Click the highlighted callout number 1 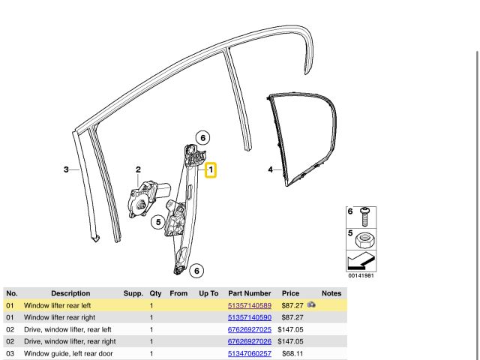click(211, 171)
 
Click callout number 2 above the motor click(138, 170)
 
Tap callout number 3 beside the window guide click(66, 170)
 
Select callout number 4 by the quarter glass click(270, 170)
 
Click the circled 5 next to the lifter click(157, 221)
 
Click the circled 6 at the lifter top click(202, 137)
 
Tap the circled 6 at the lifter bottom click(196, 271)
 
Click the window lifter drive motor click(145, 198)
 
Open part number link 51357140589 click(250, 306)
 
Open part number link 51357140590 click(250, 318)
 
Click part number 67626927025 click(250, 330)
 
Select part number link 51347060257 click(250, 354)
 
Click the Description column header click(70, 293)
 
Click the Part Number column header click(250, 293)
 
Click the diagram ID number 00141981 click(360, 274)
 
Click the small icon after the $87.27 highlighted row click(311, 306)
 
